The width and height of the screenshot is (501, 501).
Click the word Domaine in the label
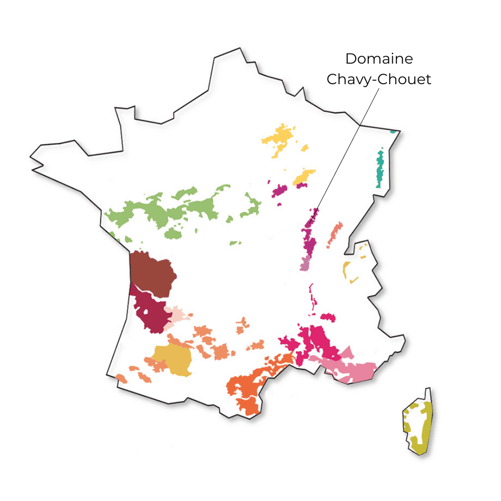click(x=379, y=59)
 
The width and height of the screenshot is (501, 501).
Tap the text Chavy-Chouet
click(x=379, y=80)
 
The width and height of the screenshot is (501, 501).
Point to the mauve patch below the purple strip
click(x=305, y=263)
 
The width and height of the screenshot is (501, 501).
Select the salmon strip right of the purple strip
click(x=335, y=234)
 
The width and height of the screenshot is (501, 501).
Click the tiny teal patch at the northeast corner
click(x=393, y=132)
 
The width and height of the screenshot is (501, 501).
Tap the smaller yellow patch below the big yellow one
click(x=304, y=176)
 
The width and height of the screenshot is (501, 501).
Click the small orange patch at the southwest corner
click(x=121, y=378)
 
